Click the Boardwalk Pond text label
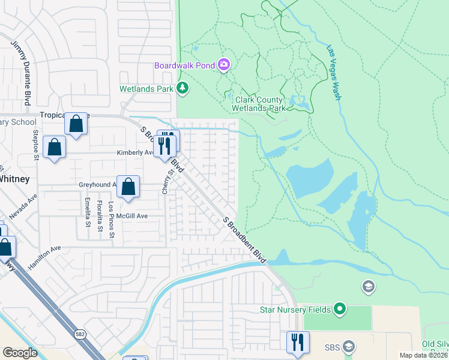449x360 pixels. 185,65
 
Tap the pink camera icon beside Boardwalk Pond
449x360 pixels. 224,64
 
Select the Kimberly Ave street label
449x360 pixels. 135,152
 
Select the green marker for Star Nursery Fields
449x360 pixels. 340,310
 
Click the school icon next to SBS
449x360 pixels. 349,347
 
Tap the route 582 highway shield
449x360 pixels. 79,333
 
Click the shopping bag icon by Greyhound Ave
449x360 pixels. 128,187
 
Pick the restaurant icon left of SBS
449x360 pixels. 298,343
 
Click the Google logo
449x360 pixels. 20,352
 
